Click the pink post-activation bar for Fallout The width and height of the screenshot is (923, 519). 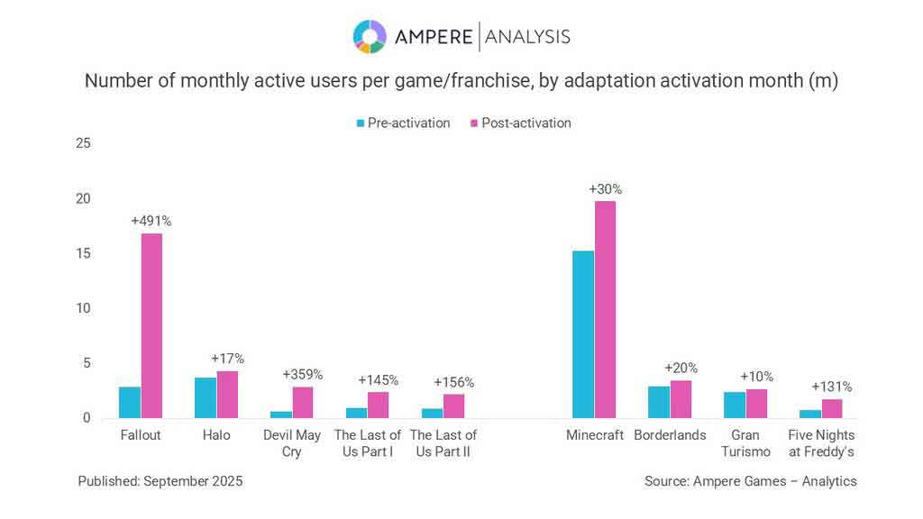click(x=151, y=326)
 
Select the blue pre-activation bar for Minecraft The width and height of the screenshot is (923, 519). click(x=583, y=334)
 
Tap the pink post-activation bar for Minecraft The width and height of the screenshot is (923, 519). click(x=605, y=309)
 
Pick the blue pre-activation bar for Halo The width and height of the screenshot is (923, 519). click(x=206, y=397)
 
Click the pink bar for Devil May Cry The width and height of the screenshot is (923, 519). click(x=303, y=403)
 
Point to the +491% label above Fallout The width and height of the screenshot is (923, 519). click(x=151, y=221)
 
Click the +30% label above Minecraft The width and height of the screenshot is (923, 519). click(x=605, y=189)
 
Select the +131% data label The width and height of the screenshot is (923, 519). click(x=831, y=387)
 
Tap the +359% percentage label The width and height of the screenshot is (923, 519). click(x=302, y=374)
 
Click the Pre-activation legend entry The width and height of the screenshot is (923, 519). click(x=403, y=123)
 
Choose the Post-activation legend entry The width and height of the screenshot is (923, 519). click(x=520, y=123)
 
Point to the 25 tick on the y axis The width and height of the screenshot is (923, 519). click(x=83, y=143)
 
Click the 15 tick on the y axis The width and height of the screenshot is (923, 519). click(x=83, y=253)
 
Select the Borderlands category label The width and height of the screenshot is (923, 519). click(x=670, y=435)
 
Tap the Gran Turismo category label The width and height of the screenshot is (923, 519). click(x=745, y=443)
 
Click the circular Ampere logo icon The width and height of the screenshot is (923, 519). click(x=370, y=36)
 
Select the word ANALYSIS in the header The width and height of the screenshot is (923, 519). click(x=527, y=36)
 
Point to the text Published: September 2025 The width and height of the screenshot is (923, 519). click(x=160, y=481)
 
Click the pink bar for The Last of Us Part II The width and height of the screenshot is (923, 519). click(x=453, y=406)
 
